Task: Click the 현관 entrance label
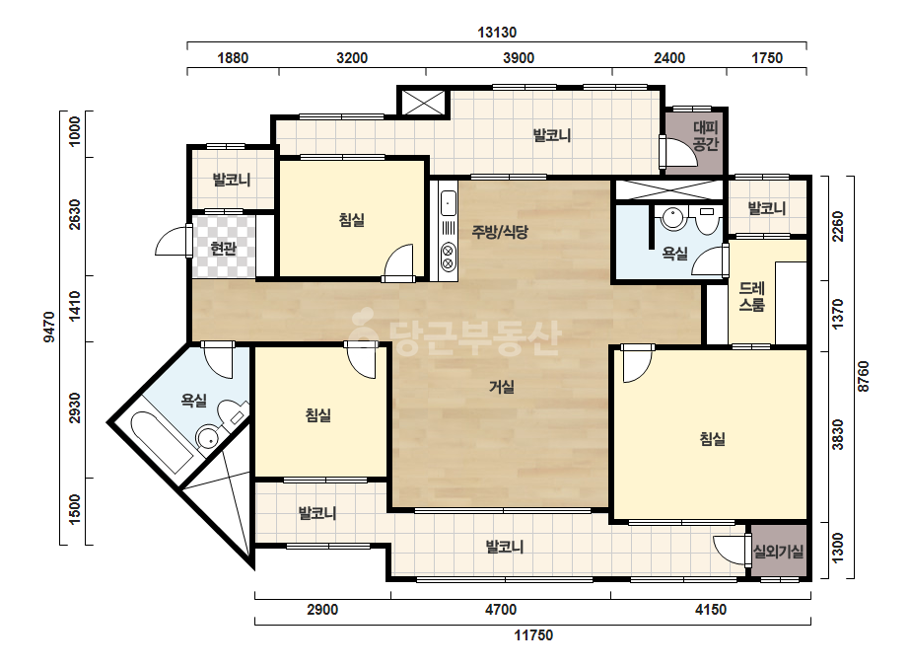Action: [x=223, y=249]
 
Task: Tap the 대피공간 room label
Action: [x=706, y=136]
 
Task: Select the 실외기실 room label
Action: [x=778, y=551]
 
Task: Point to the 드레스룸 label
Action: [x=751, y=296]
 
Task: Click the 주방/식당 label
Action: [x=500, y=232]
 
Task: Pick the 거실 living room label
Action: [x=502, y=387]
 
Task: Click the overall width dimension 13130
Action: [x=497, y=32]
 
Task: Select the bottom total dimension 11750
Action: [x=533, y=635]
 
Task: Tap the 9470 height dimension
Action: [x=49, y=328]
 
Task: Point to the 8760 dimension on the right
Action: [x=863, y=377]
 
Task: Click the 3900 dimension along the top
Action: [x=519, y=58]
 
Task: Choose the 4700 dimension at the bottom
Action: [x=500, y=610]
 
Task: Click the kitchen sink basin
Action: [x=448, y=204]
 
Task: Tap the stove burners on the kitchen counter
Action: [x=448, y=258]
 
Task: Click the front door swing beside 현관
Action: [x=173, y=241]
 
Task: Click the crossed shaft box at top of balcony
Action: [x=423, y=103]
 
